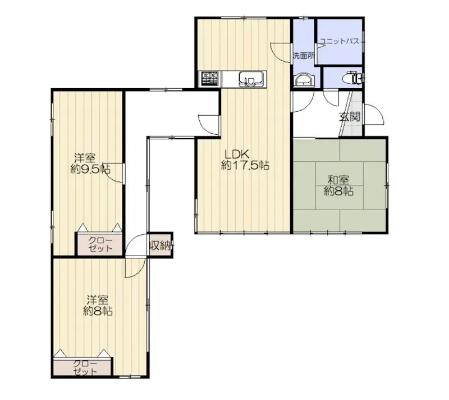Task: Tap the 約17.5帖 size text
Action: pyautogui.click(x=245, y=166)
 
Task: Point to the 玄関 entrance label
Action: pyautogui.click(x=349, y=117)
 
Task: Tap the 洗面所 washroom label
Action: pyautogui.click(x=304, y=56)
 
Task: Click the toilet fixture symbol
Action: pyautogui.click(x=355, y=78)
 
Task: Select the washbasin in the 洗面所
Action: pyautogui.click(x=304, y=80)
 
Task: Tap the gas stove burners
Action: pyautogui.click(x=210, y=79)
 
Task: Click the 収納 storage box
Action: pyautogui.click(x=160, y=245)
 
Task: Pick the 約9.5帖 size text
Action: pyautogui.click(x=90, y=169)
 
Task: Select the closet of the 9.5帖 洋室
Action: pyautogui.click(x=99, y=244)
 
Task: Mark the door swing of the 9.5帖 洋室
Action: pyautogui.click(x=115, y=174)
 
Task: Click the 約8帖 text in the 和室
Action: pyautogui.click(x=338, y=191)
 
